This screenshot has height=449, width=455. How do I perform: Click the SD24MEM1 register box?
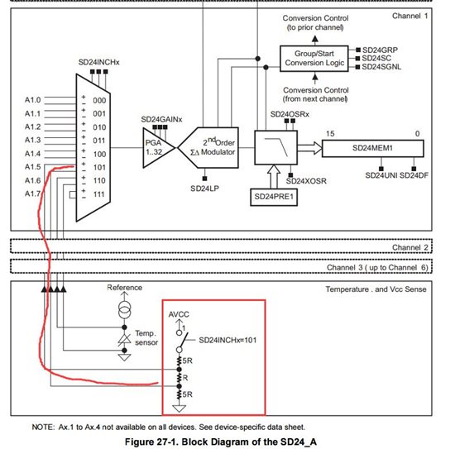(x=372, y=148)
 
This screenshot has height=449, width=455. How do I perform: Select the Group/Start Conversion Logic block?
(x=314, y=59)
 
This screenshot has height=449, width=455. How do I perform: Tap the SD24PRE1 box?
(x=274, y=197)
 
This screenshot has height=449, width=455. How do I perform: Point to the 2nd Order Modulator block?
(x=209, y=148)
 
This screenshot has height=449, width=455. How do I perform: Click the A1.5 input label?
(x=32, y=167)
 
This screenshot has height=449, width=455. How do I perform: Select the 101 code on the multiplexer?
(x=99, y=167)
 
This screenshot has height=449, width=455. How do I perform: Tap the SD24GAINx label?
(x=161, y=120)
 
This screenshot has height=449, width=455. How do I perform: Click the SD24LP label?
(x=204, y=189)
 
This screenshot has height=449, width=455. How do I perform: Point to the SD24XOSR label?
(x=306, y=181)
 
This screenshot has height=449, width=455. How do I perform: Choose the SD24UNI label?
(x=381, y=175)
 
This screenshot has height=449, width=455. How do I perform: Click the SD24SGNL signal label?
(x=381, y=67)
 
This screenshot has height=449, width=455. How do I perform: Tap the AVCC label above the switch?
(x=179, y=314)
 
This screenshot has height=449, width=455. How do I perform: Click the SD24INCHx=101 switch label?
(x=227, y=340)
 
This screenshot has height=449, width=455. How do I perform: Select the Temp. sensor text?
(x=146, y=338)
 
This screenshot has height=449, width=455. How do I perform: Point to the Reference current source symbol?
(x=124, y=309)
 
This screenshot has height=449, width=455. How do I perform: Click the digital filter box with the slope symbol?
(x=275, y=148)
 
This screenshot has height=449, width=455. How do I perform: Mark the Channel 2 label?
(x=410, y=247)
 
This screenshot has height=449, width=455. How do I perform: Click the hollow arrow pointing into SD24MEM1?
(x=309, y=148)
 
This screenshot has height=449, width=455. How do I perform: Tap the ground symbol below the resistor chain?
(x=179, y=408)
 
